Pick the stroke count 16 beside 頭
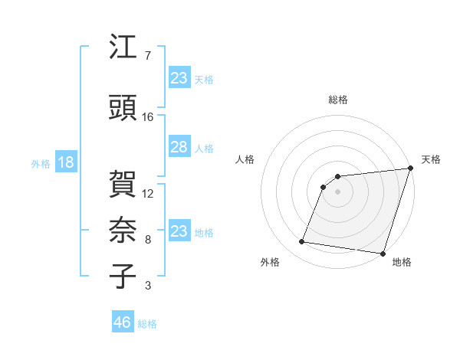click(148, 116)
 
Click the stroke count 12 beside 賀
click(148, 194)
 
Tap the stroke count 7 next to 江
click(147, 56)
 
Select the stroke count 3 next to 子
click(147, 286)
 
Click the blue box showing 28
click(179, 147)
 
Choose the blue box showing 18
click(65, 162)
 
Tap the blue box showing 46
click(123, 322)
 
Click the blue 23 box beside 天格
click(179, 78)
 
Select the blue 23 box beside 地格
click(179, 231)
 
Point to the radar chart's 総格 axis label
click(337, 100)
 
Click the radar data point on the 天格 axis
click(410, 169)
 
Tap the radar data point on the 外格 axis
click(301, 242)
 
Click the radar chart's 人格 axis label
click(245, 159)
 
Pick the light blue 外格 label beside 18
click(41, 163)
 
